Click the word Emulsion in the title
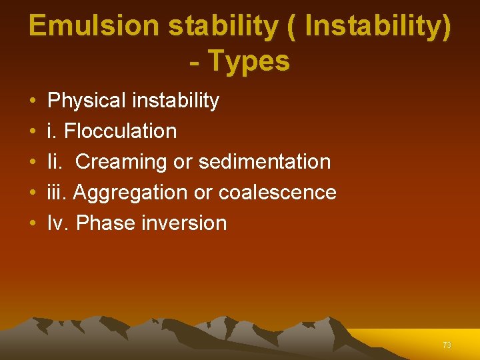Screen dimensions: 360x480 coord(93,26)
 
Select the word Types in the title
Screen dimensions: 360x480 coord(249,61)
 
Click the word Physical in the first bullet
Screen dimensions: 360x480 coord(87,101)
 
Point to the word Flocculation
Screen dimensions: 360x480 coord(120,131)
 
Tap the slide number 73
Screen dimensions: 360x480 coord(447,345)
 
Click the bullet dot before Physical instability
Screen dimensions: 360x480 coord(33,101)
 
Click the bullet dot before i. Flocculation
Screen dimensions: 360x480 coord(33,132)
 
